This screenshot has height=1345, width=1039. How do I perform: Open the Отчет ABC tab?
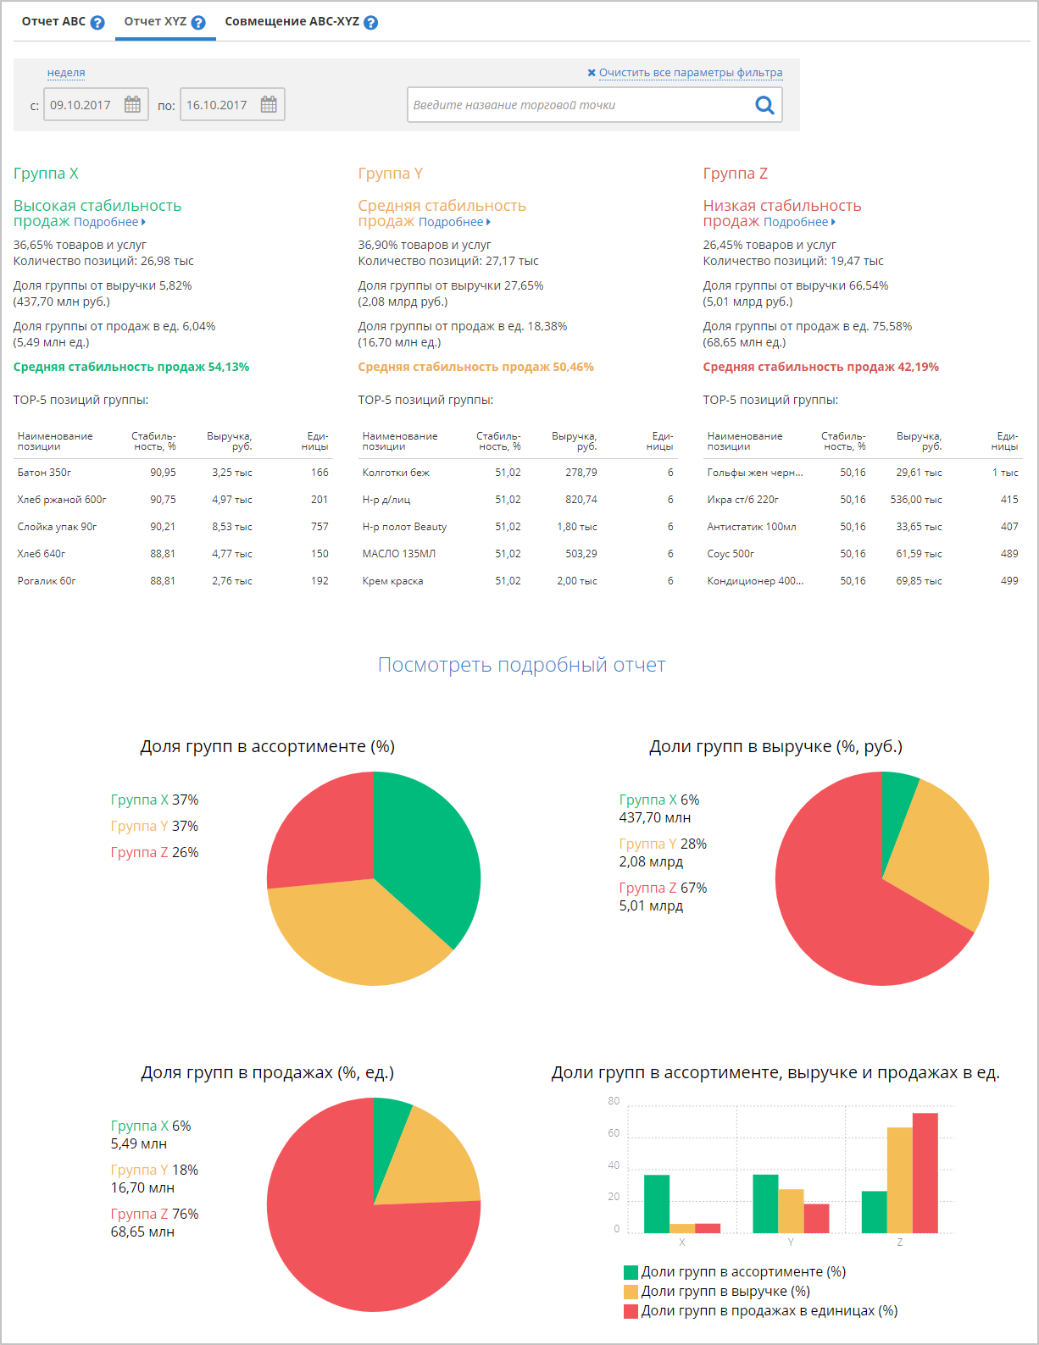click(53, 22)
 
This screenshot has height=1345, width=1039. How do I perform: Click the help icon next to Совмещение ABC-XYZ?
click(370, 23)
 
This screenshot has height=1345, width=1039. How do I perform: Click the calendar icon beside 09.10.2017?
click(133, 104)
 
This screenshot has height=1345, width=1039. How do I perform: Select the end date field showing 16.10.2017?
click(217, 105)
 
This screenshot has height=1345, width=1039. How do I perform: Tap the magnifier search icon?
click(764, 105)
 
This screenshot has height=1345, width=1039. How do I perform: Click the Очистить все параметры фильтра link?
click(690, 73)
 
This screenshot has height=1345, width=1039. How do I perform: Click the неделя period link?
click(66, 73)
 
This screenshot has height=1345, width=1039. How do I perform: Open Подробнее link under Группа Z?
click(797, 222)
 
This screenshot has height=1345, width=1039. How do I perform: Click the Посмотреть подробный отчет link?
click(521, 665)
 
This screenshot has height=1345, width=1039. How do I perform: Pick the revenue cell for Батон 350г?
click(231, 473)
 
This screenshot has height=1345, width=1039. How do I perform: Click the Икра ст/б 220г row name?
click(742, 500)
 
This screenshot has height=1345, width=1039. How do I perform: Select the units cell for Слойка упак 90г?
click(319, 527)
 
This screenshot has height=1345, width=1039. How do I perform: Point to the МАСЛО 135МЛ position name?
click(398, 554)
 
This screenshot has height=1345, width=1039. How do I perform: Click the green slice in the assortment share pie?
click(424, 855)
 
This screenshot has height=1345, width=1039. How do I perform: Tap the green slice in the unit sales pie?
click(389, 1135)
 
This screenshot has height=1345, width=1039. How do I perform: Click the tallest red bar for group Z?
click(925, 1173)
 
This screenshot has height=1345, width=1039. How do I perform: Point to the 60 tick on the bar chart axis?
click(614, 1133)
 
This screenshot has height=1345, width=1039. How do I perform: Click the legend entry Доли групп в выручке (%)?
click(725, 1292)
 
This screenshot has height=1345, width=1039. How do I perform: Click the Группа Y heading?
click(390, 174)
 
